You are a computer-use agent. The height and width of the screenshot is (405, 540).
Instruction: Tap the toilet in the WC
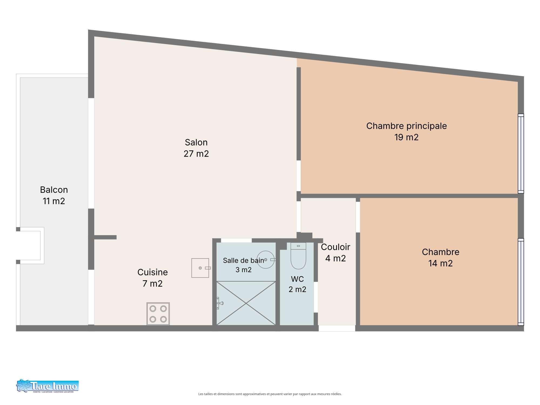[x=298, y=256]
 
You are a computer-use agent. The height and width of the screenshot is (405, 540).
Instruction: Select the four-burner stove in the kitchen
[x=158, y=314]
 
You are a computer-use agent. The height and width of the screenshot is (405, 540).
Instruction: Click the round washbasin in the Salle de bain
[x=266, y=259]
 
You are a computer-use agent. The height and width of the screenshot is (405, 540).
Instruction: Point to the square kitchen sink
[x=200, y=268]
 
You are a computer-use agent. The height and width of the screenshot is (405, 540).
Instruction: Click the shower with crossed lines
[x=246, y=303]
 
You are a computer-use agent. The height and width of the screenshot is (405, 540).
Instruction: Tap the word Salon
[x=196, y=142]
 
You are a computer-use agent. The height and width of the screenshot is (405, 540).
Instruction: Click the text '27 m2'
[x=196, y=154]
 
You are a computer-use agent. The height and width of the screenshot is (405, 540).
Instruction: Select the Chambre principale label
[x=406, y=126]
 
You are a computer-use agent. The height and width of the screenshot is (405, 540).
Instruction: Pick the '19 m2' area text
[x=406, y=137]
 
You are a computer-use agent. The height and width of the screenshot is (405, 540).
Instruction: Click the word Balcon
[x=54, y=190]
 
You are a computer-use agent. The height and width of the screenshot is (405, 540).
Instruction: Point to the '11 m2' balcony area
[x=54, y=201]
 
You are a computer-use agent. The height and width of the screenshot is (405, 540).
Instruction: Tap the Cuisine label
[x=153, y=272]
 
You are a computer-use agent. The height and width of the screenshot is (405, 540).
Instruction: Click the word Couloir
[x=336, y=247]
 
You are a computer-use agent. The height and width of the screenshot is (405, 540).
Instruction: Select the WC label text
[x=298, y=279]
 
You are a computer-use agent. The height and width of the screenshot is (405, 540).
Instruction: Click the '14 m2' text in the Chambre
[x=441, y=263]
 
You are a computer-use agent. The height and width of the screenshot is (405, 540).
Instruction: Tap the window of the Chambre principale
[x=521, y=154]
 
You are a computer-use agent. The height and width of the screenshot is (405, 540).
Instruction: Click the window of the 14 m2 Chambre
[x=521, y=282]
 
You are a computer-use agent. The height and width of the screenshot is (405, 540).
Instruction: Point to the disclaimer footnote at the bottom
[x=270, y=394]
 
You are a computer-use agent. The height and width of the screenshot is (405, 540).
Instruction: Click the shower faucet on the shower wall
[x=220, y=303]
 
